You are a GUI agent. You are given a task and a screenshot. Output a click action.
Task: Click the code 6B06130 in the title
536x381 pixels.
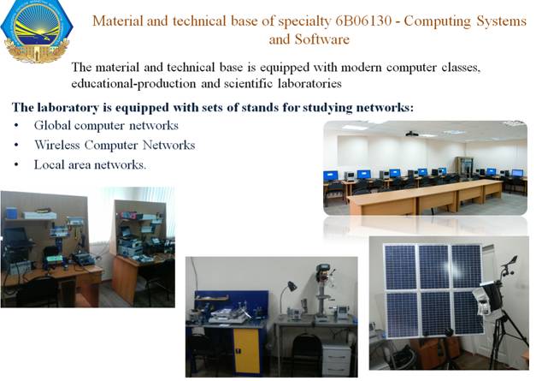[x=363, y=21]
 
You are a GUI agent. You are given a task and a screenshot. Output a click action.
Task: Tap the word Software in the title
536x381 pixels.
[x=322, y=39]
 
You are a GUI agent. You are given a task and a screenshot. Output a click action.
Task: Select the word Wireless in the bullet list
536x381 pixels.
[x=56, y=146]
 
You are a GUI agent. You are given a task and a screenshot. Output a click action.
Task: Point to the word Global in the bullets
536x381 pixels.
[x=52, y=126]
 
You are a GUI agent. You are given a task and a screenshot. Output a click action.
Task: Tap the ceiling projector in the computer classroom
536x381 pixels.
[x=411, y=134]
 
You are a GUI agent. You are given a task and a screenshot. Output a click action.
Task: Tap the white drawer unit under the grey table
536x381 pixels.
[x=336, y=360]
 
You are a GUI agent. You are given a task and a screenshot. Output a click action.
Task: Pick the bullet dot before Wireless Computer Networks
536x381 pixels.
[x=16, y=146]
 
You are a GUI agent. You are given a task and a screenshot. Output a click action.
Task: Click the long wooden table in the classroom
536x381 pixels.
[x=425, y=196]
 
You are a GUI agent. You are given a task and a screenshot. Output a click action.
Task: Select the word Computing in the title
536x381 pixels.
[x=438, y=21]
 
